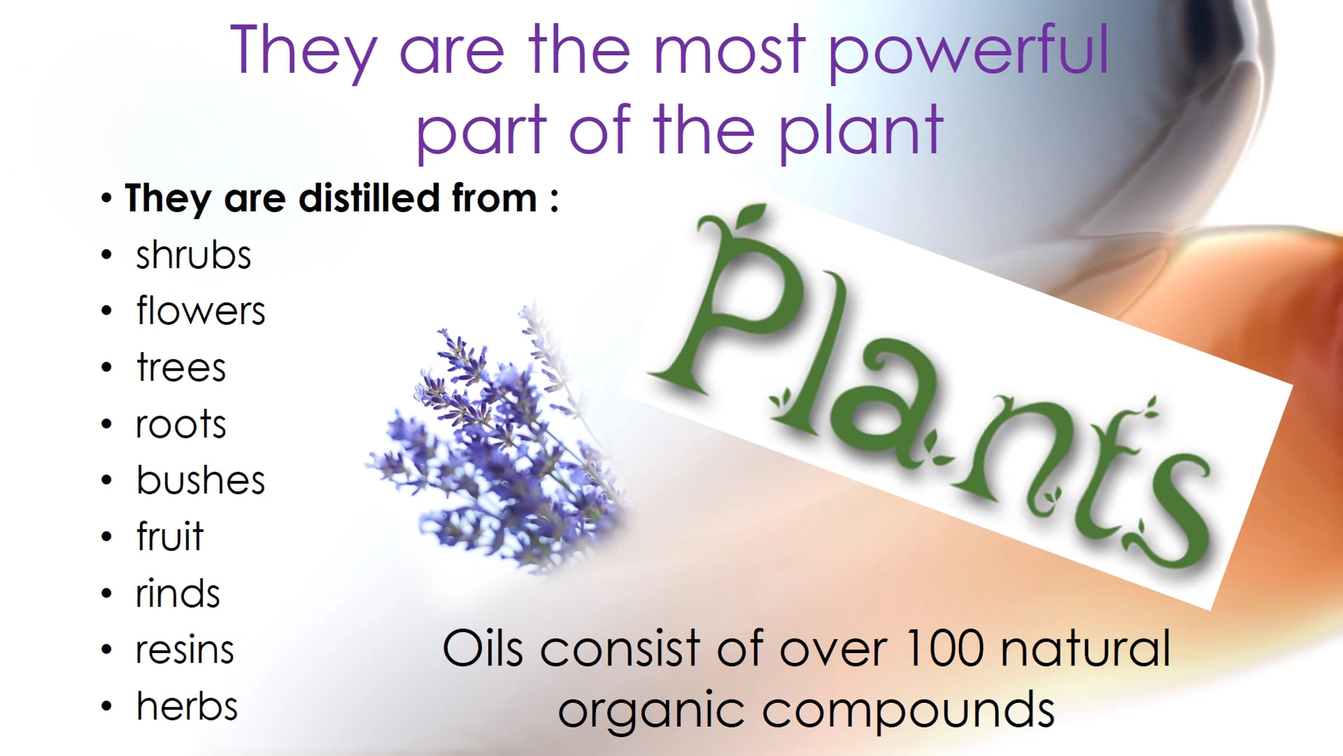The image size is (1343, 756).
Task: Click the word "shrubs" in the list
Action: [193, 255]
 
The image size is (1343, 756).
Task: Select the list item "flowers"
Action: [200, 310]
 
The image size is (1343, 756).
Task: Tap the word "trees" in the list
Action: [181, 368]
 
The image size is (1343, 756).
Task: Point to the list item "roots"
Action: [181, 424]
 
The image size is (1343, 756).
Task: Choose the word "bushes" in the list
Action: [200, 479]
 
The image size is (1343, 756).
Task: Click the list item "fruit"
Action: [170, 536]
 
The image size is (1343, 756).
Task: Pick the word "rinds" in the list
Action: [177, 592]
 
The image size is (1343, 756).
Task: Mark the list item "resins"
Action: [185, 650]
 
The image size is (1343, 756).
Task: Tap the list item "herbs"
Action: [187, 705]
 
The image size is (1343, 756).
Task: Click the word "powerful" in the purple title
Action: [968, 52]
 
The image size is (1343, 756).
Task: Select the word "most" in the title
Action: [730, 52]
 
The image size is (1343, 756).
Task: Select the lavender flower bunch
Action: [498, 442]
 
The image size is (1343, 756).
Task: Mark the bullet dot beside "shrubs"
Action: [106, 255]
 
